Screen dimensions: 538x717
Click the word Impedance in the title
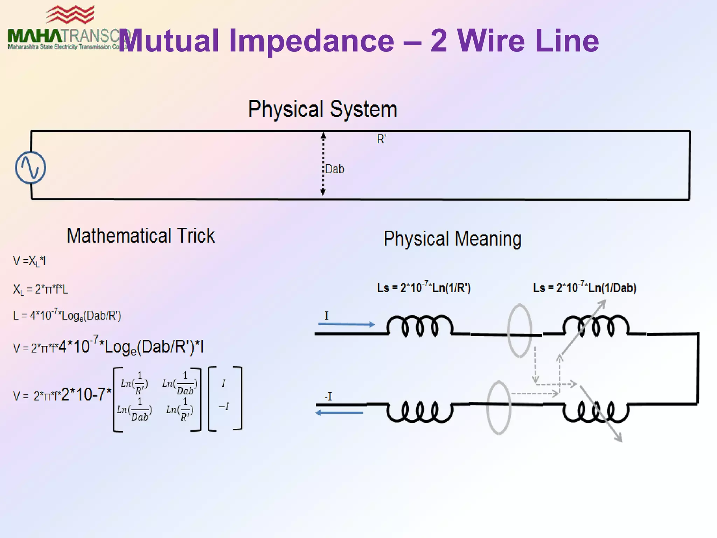pyautogui.click(x=312, y=41)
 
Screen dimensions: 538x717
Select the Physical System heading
pyautogui.click(x=322, y=109)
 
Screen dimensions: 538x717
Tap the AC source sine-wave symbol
pyautogui.click(x=30, y=167)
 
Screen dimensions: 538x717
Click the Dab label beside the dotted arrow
pyautogui.click(x=335, y=169)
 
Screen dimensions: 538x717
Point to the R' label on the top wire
pyautogui.click(x=381, y=139)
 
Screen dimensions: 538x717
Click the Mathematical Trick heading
pyautogui.click(x=140, y=236)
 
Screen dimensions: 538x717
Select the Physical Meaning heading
pyautogui.click(x=452, y=239)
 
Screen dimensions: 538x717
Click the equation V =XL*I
pyautogui.click(x=29, y=261)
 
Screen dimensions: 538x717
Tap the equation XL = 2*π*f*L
pyautogui.click(x=40, y=289)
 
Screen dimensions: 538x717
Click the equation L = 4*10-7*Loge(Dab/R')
pyautogui.click(x=67, y=315)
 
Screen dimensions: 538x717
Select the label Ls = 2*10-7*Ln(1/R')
pyautogui.click(x=424, y=288)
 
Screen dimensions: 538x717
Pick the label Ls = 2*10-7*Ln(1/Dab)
pyautogui.click(x=584, y=288)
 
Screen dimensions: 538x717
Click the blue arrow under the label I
pyautogui.click(x=346, y=324)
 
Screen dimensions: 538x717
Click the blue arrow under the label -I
pyautogui.click(x=339, y=413)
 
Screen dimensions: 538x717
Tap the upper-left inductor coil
pyautogui.click(x=420, y=326)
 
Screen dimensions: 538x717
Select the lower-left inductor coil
pyautogui.click(x=420, y=412)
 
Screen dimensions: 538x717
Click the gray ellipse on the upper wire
pyautogui.click(x=520, y=330)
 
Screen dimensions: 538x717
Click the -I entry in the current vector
pyautogui.click(x=224, y=407)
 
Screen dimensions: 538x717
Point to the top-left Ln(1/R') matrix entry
pyautogui.click(x=134, y=384)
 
